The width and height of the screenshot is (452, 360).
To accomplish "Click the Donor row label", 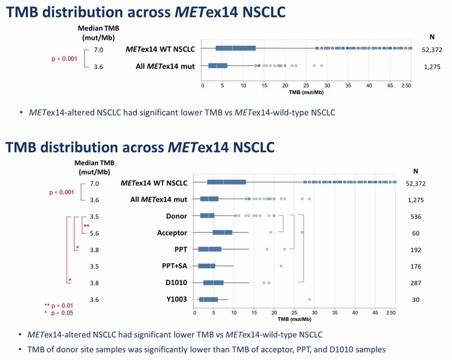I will (x=177, y=216).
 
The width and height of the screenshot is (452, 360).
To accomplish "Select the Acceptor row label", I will (x=172, y=233).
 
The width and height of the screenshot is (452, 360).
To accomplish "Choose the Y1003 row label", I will (x=176, y=299).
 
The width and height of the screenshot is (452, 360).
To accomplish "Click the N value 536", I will (x=415, y=216).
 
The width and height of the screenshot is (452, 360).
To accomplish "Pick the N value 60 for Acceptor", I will (x=415, y=233).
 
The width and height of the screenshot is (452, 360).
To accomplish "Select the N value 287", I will (x=415, y=283).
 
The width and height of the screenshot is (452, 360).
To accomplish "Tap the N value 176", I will (x=415, y=266).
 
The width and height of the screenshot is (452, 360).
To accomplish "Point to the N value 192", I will (x=415, y=250).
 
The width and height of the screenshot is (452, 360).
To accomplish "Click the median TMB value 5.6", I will (x=94, y=233).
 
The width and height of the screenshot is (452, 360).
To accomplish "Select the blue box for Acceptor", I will (x=222, y=233).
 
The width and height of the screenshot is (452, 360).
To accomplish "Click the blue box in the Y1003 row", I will (x=208, y=300).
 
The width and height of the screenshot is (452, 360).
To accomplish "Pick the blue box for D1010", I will (x=213, y=283).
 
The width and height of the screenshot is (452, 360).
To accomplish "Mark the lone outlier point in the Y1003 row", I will (x=310, y=300).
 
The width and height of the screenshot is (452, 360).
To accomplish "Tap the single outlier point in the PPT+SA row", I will (x=281, y=266).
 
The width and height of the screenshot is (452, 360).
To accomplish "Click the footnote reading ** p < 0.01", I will (x=59, y=306).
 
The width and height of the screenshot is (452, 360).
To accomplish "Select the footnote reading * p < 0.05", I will (x=59, y=313).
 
